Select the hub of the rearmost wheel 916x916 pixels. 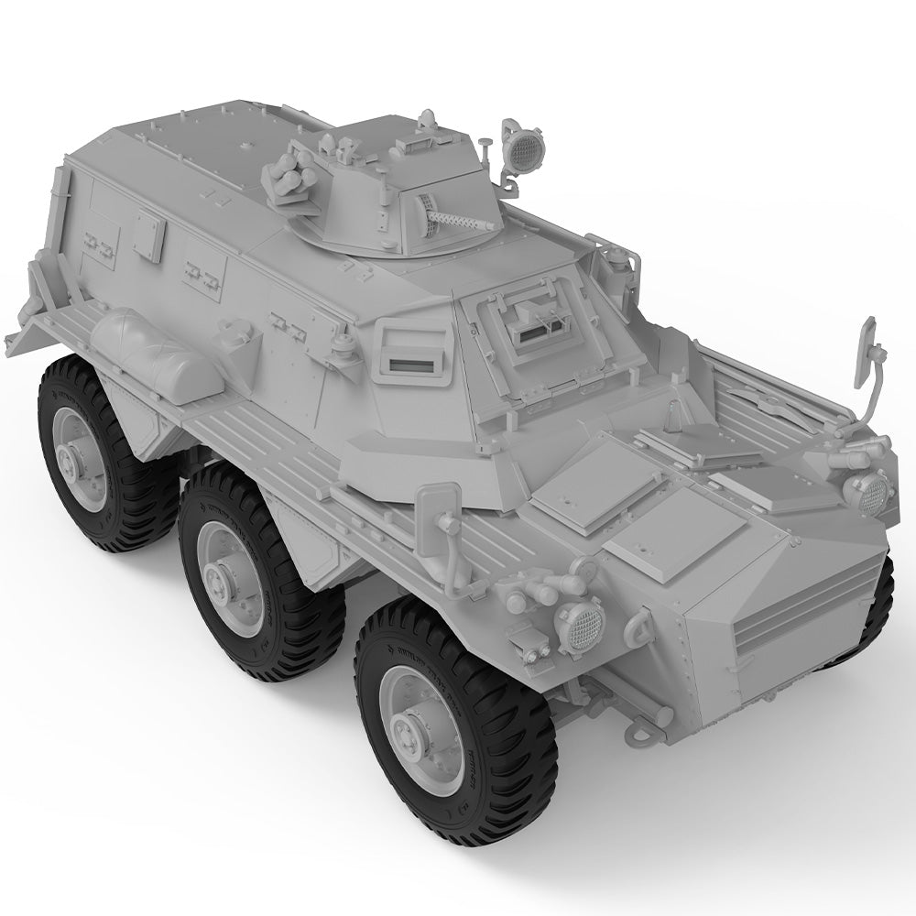[75, 455]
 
